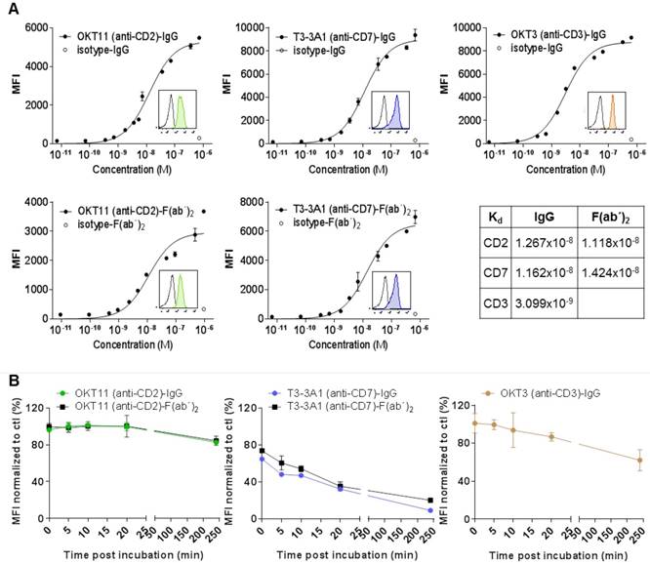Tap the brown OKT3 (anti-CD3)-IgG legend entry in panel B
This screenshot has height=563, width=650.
pyautogui.click(x=542, y=391)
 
